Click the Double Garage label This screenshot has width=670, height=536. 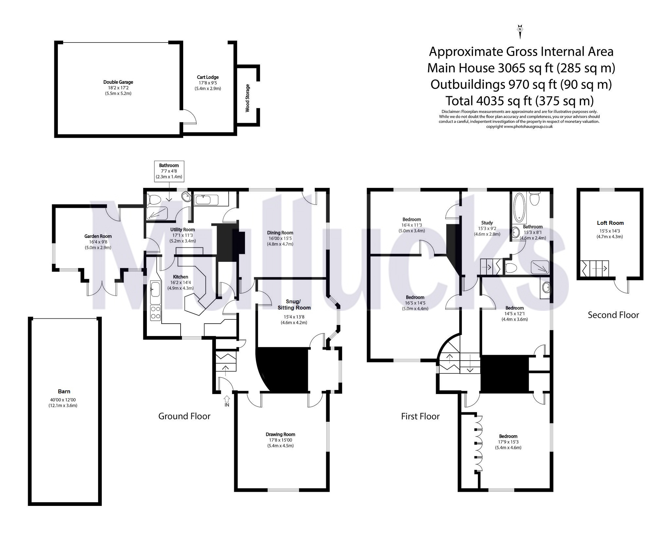click(118, 82)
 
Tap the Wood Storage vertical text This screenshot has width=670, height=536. click(247, 98)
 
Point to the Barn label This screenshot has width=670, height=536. click(64, 391)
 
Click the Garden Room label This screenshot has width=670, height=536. click(98, 236)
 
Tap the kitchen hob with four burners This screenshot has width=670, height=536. click(155, 313)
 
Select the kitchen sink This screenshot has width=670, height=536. click(155, 290)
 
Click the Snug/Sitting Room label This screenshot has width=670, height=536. click(294, 304)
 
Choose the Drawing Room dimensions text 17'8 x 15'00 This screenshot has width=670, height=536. click(280, 440)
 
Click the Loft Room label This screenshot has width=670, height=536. click(610, 223)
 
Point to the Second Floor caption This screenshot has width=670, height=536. click(613, 315)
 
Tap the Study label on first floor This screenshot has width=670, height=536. click(487, 223)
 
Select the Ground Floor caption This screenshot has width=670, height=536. click(184, 416)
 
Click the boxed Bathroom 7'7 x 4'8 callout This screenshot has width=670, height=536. click(169, 171)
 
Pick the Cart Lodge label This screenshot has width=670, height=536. click(208, 77)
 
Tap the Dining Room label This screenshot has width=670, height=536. click(280, 233)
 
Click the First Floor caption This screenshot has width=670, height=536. click(420, 416)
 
